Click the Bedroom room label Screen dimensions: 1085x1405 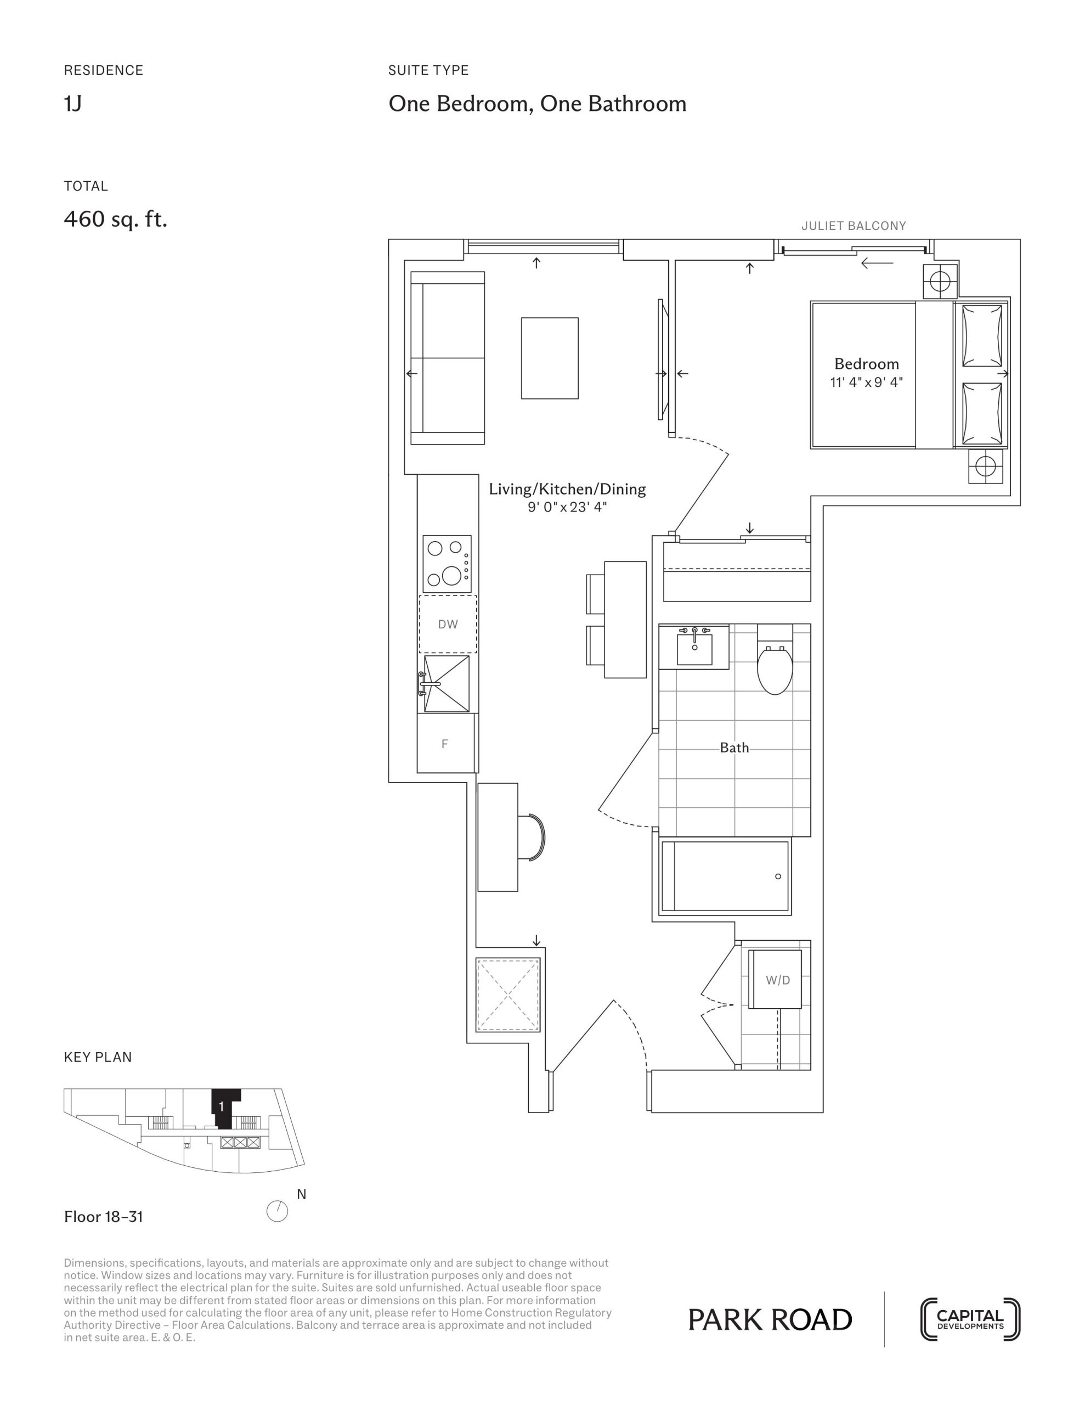tap(866, 363)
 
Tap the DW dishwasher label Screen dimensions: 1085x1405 tap(448, 624)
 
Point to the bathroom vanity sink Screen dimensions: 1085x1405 tap(694, 647)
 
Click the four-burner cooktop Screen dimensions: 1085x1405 tap(447, 564)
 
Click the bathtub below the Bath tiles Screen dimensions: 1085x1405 tap(725, 876)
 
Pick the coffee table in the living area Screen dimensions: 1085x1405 tap(550, 358)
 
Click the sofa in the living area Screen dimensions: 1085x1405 tap(448, 358)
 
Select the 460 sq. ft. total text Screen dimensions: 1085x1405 tap(116, 220)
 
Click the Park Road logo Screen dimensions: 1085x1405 tap(770, 1319)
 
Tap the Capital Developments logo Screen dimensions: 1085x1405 tap(970, 1319)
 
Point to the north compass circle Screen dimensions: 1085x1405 tap(277, 1211)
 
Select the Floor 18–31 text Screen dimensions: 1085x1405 tap(104, 1217)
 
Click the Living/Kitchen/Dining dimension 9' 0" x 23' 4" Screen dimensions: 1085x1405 tap(567, 507)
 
